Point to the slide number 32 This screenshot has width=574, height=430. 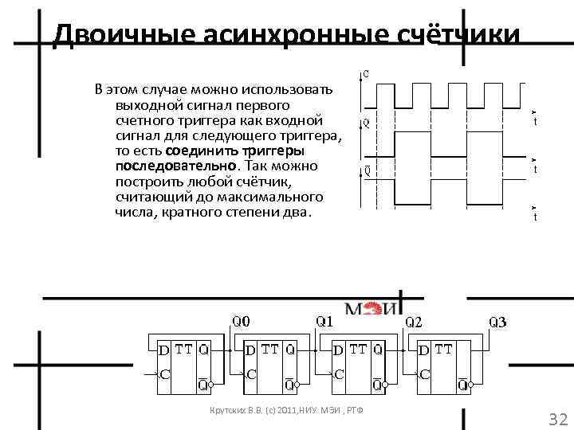557,420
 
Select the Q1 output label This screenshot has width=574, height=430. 325,322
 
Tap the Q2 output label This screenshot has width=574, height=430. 415,322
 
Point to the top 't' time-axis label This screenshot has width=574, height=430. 535,122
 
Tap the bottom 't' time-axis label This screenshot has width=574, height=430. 535,217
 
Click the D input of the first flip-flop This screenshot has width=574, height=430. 163,349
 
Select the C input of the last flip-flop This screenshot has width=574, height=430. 424,373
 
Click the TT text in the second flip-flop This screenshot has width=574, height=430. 270,349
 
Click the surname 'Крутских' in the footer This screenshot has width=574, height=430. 226,410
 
